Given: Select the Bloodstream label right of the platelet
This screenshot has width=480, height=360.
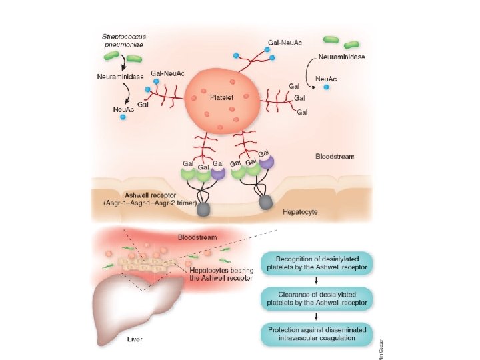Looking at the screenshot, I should pos(334,157).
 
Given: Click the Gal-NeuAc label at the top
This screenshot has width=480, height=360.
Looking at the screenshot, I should pos(283,42).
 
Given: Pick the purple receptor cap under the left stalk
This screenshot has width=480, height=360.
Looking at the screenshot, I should pos(218,173).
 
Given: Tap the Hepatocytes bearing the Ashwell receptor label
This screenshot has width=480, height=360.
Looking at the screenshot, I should pos(220,275).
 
